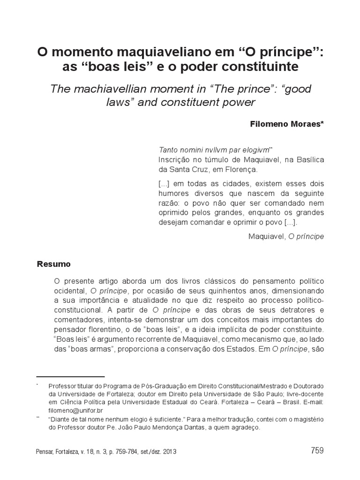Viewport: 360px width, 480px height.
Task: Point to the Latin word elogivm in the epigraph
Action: pyautogui.click(x=255, y=150)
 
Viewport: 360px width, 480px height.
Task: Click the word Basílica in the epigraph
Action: pyautogui.click(x=308, y=160)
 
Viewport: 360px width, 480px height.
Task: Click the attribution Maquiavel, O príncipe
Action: pyautogui.click(x=286, y=236)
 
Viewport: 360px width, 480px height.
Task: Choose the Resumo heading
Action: pyautogui.click(x=53, y=264)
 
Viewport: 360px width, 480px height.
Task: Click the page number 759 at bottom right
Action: pyautogui.click(x=317, y=450)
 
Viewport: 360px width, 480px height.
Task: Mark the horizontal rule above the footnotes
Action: pyautogui.click(x=70, y=376)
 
